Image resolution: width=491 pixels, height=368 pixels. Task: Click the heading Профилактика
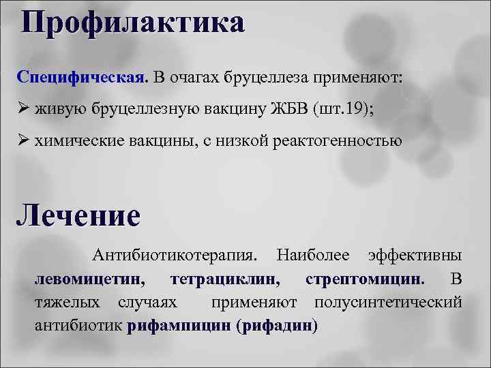coord(132,22)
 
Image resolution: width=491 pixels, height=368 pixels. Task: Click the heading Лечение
coord(78,215)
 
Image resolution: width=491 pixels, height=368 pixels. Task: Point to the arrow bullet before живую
coord(23,109)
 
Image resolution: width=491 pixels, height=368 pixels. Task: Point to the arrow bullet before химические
coord(23,141)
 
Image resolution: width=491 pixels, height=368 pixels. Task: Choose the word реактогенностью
coord(348,141)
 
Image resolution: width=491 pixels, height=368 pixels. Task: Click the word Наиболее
coord(313,256)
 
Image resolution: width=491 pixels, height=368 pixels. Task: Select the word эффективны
coord(415,256)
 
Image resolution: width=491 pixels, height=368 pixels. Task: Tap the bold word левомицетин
coord(89,279)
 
